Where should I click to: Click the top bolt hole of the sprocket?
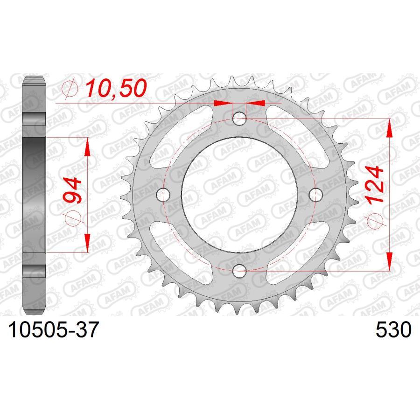239,119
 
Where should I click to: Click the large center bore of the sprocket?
239,194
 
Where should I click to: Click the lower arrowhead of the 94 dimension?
87,243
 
